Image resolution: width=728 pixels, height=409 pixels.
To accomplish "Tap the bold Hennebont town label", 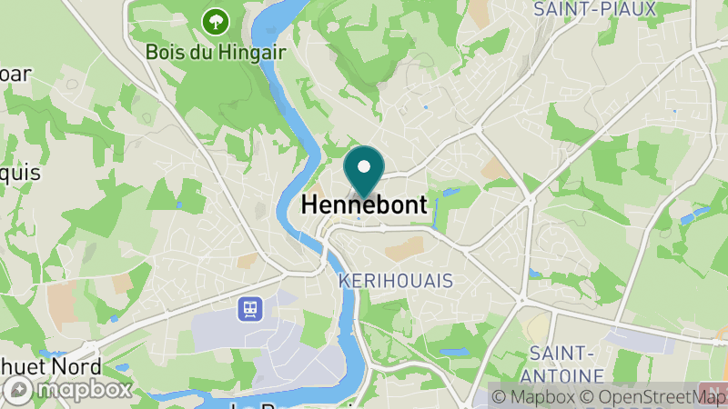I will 363,206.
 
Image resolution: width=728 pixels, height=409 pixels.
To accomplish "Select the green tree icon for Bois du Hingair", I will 216,19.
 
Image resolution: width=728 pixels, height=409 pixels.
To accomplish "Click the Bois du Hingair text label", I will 216,52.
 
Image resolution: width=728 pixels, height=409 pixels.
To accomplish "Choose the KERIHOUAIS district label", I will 395,281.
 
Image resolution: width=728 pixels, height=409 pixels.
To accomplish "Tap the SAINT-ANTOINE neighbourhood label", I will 566,364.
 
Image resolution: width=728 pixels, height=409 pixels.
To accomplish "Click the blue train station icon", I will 248,309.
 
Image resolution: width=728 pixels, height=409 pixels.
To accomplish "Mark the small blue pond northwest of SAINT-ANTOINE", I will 534,272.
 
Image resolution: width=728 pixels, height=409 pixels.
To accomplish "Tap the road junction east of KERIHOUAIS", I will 521,300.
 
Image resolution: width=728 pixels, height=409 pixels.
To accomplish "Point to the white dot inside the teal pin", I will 364,166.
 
